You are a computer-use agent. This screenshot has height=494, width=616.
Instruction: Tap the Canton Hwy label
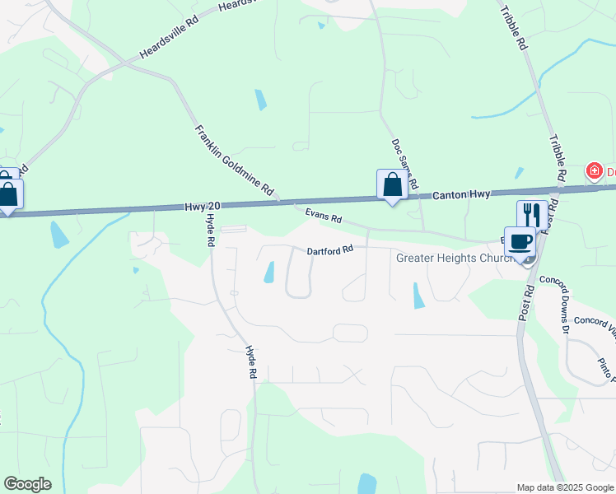tap(461, 194)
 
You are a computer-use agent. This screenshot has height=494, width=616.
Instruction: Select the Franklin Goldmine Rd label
tap(234, 160)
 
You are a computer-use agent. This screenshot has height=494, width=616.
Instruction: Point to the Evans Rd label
tap(323, 217)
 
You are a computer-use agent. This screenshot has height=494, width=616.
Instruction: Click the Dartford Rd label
tap(330, 249)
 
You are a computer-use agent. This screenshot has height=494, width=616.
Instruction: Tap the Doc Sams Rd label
tap(404, 161)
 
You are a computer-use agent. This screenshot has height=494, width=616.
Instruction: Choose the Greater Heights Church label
tap(455, 258)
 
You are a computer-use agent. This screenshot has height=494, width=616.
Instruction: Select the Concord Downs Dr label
tap(555, 304)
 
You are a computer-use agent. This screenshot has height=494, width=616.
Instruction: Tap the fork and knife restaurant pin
tap(531, 215)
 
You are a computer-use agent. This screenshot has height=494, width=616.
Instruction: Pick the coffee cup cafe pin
tap(520, 241)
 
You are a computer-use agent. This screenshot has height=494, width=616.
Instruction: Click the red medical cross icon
tap(592, 171)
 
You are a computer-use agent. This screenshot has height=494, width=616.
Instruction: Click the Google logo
tap(27, 484)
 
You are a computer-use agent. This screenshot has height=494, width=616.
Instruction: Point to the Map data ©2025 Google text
tap(564, 487)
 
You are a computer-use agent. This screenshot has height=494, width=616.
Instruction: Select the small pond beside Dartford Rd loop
tap(268, 272)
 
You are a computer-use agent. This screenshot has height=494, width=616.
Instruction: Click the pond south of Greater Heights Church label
tap(418, 296)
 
